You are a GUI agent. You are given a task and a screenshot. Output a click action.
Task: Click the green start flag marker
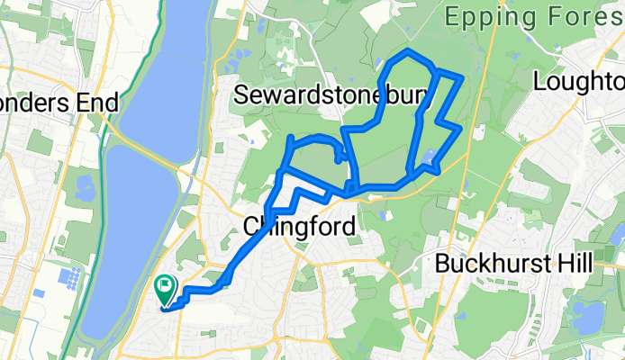pos(166,290)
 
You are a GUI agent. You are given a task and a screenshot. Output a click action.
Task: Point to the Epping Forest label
pos(535,17)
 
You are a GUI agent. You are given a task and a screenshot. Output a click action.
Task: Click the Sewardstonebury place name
pos(331,94)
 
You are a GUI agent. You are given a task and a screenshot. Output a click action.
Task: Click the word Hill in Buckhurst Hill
pos(574,264)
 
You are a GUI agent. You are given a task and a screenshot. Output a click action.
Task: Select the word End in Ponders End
pos(97,103)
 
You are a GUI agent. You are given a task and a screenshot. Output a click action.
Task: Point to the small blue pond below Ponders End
pos(89,187)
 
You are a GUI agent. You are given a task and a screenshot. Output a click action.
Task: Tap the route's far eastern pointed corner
pos(460,130)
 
